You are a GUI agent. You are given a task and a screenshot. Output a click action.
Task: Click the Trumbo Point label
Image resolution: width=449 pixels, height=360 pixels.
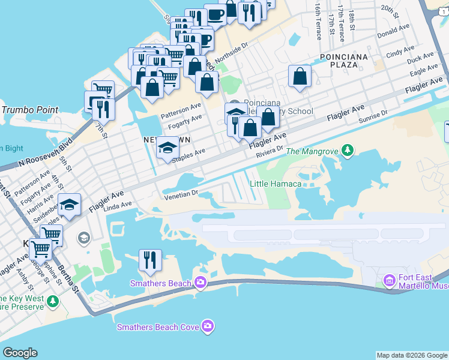click(x=30, y=110)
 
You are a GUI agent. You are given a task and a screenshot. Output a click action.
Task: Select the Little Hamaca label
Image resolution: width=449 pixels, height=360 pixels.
click(x=275, y=184)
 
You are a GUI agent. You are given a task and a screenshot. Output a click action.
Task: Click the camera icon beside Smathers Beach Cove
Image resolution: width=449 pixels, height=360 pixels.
click(x=208, y=326)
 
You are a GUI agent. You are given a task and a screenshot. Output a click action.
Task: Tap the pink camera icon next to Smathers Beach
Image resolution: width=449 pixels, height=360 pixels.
click(x=199, y=283)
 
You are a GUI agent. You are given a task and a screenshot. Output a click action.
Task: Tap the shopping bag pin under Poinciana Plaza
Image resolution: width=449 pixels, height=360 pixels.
click(x=299, y=77)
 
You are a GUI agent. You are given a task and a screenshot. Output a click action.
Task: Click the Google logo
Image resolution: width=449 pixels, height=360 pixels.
click(x=20, y=353)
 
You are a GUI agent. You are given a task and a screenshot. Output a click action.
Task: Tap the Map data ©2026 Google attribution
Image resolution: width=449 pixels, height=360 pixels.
click(x=412, y=355)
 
